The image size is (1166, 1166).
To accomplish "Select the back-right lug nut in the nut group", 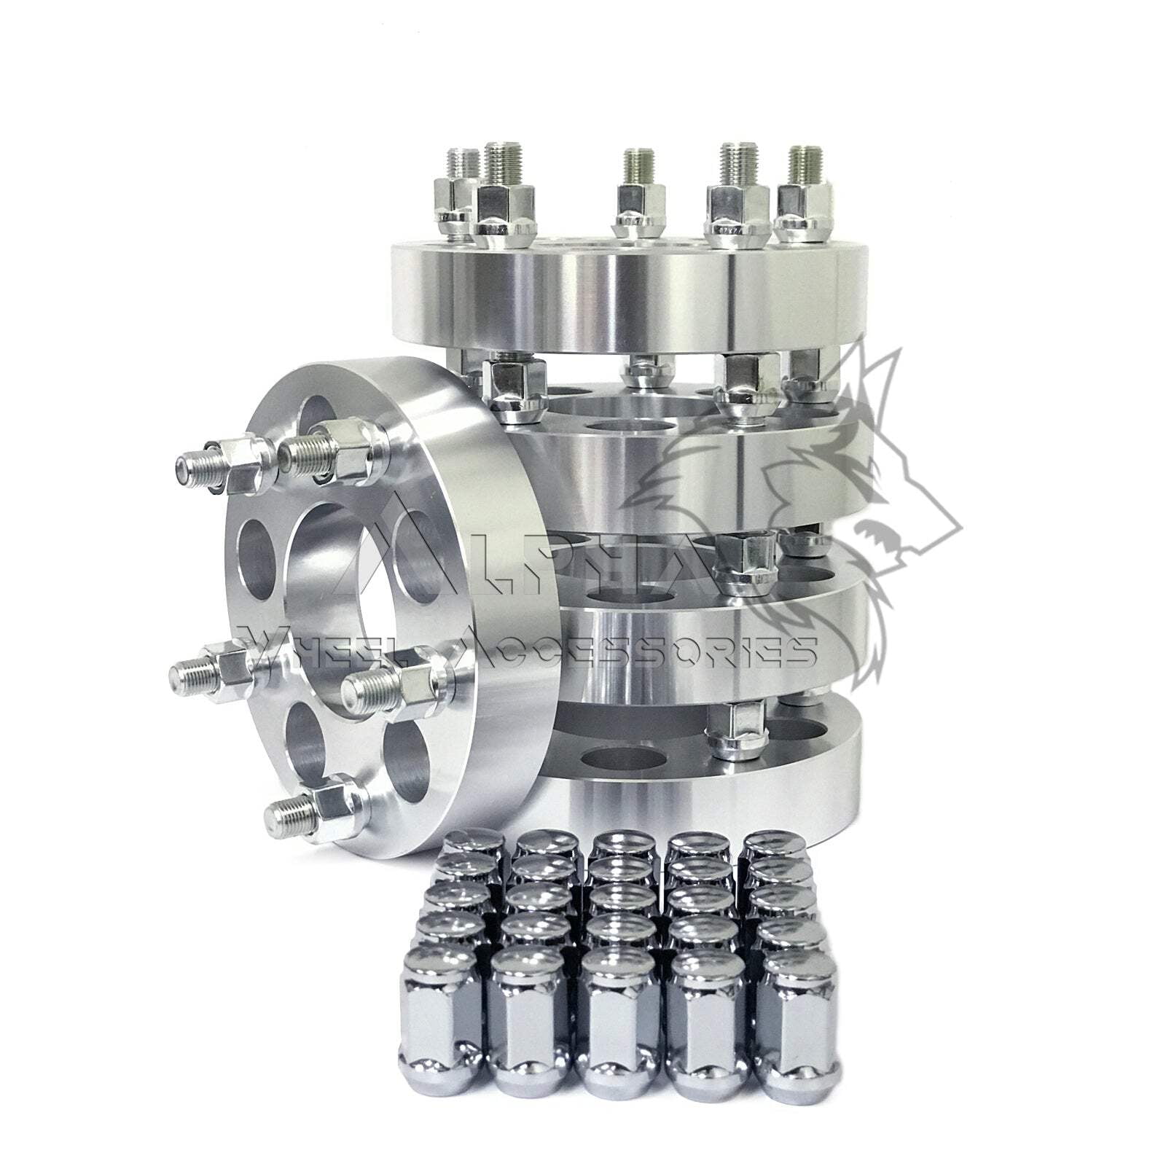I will (772, 845).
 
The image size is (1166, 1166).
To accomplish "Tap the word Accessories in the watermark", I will (641, 649).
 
